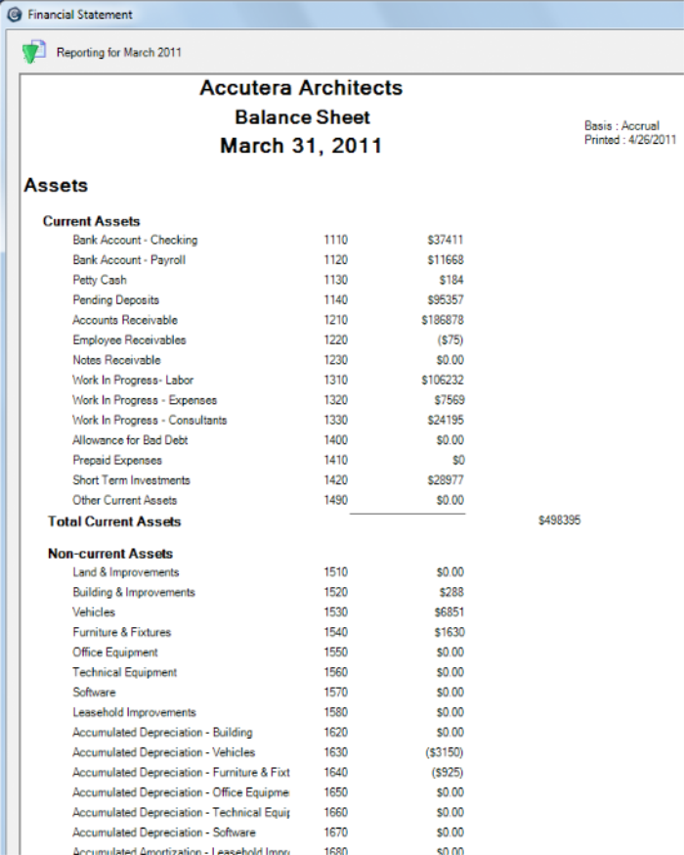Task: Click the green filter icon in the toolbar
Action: [34, 52]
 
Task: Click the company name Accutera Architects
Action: [301, 88]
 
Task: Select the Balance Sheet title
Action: [302, 117]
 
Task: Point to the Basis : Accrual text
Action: [621, 126]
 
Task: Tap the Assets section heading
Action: [56, 185]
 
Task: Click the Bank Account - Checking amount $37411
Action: [446, 240]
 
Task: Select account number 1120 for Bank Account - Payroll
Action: [335, 260]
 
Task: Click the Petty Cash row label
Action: [99, 280]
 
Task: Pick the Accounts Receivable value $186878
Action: [443, 320]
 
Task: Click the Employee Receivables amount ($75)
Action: [450, 340]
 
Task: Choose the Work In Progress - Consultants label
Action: [150, 420]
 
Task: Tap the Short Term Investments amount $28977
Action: [446, 480]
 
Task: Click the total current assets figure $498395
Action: [559, 521]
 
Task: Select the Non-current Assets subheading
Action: [110, 554]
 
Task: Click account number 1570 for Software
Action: [335, 693]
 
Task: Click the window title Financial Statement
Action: [80, 15]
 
